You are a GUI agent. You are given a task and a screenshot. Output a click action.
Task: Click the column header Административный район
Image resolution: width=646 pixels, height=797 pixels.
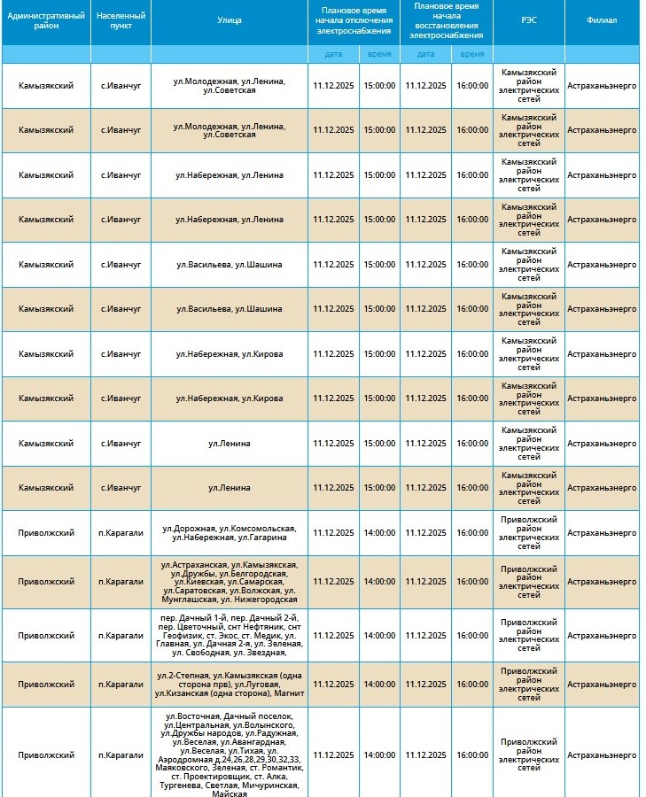pyautogui.click(x=45, y=21)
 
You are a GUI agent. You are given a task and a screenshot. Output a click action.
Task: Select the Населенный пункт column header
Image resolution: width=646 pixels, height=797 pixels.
pyautogui.click(x=121, y=21)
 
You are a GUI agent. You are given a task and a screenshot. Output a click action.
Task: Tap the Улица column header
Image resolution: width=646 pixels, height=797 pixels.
pyautogui.click(x=230, y=21)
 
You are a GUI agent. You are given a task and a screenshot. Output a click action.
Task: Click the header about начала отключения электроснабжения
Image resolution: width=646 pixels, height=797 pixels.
pyautogui.click(x=354, y=21)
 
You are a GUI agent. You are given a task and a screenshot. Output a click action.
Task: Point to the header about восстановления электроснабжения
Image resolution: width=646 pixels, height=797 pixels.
pyautogui.click(x=447, y=21)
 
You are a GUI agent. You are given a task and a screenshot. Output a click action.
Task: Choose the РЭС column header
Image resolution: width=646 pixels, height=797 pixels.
pyautogui.click(x=528, y=21)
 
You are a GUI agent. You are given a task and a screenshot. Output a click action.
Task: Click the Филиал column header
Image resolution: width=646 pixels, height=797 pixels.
pyautogui.click(x=602, y=21)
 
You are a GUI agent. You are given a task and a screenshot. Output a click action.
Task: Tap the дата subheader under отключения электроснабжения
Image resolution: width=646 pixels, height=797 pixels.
pyautogui.click(x=333, y=54)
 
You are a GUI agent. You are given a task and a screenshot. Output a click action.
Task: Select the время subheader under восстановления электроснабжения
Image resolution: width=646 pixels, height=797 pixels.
pyautogui.click(x=472, y=54)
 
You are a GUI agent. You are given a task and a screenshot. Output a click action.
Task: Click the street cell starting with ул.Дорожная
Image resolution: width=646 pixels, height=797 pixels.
pyautogui.click(x=230, y=533)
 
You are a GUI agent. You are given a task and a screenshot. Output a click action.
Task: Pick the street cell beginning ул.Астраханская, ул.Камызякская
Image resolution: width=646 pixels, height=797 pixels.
pyautogui.click(x=230, y=582)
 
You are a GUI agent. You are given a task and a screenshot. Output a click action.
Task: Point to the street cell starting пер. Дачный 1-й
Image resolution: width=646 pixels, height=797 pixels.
pyautogui.click(x=230, y=635)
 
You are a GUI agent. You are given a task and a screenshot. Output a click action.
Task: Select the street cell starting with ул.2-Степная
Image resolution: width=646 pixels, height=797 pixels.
pyautogui.click(x=230, y=685)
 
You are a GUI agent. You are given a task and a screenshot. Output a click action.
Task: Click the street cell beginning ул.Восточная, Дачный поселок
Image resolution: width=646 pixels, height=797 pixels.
pyautogui.click(x=230, y=754)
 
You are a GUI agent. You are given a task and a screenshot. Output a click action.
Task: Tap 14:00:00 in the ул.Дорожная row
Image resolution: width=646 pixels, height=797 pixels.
pyautogui.click(x=379, y=533)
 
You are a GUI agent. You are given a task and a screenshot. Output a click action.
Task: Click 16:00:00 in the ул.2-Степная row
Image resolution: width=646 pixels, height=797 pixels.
pyautogui.click(x=472, y=685)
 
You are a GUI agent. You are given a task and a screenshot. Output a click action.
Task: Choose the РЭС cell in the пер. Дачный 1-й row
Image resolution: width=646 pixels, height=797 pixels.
pyautogui.click(x=528, y=635)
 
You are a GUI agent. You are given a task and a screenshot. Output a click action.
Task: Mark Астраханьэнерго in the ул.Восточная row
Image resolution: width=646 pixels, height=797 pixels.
pyautogui.click(x=602, y=754)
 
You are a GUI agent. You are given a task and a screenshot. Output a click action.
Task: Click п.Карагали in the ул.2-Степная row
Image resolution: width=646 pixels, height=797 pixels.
pyautogui.click(x=121, y=685)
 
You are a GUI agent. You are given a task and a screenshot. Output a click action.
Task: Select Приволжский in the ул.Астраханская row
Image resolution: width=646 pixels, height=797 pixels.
pyautogui.click(x=45, y=582)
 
